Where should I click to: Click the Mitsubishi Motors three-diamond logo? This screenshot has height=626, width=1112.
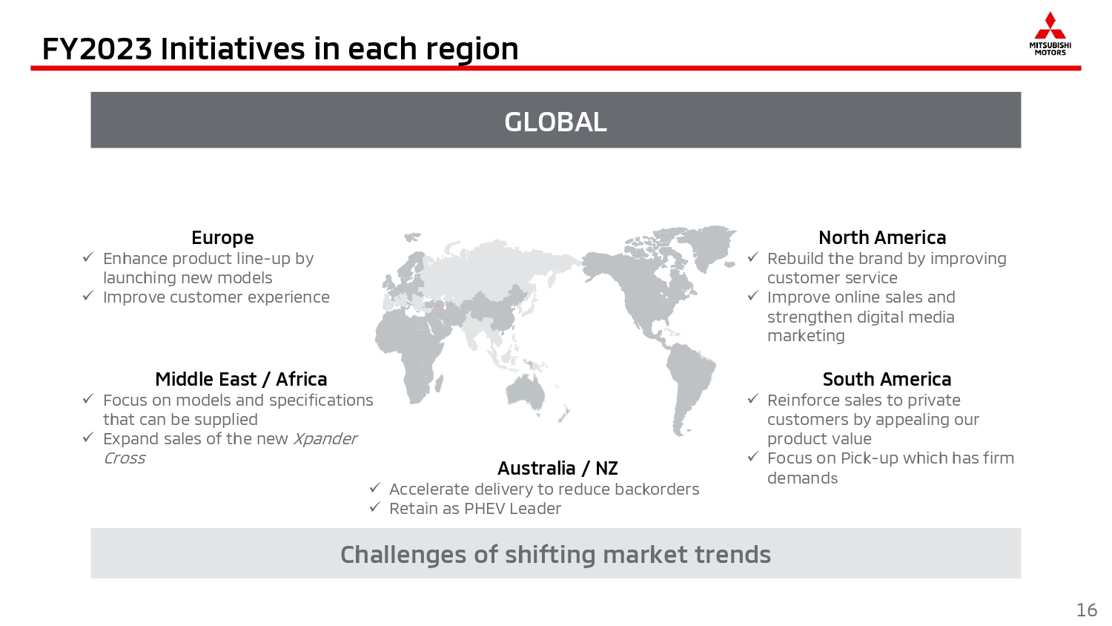tap(1050, 25)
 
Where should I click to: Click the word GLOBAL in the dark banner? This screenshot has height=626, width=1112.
tap(555, 122)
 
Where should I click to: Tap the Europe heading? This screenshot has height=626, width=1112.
tap(222, 237)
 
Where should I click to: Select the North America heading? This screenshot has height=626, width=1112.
tap(882, 237)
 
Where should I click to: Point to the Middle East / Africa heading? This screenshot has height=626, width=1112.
tap(241, 379)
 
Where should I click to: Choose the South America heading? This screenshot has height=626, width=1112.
tap(887, 379)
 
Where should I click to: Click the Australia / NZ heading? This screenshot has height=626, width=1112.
tap(557, 468)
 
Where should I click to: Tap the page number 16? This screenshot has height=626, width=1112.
tap(1087, 610)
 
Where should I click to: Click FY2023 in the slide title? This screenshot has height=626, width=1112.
tap(97, 49)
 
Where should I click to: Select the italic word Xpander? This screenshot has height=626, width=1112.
tap(325, 438)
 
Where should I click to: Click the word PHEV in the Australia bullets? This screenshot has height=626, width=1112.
tap(483, 509)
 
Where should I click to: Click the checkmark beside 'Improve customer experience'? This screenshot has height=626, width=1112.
tap(88, 296)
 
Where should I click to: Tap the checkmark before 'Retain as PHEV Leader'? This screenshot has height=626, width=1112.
tap(375, 507)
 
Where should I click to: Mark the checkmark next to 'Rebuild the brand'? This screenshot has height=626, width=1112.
tap(753, 257)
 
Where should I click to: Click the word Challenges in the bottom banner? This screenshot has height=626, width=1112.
tap(403, 555)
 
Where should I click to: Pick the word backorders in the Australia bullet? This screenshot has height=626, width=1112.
tap(657, 490)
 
